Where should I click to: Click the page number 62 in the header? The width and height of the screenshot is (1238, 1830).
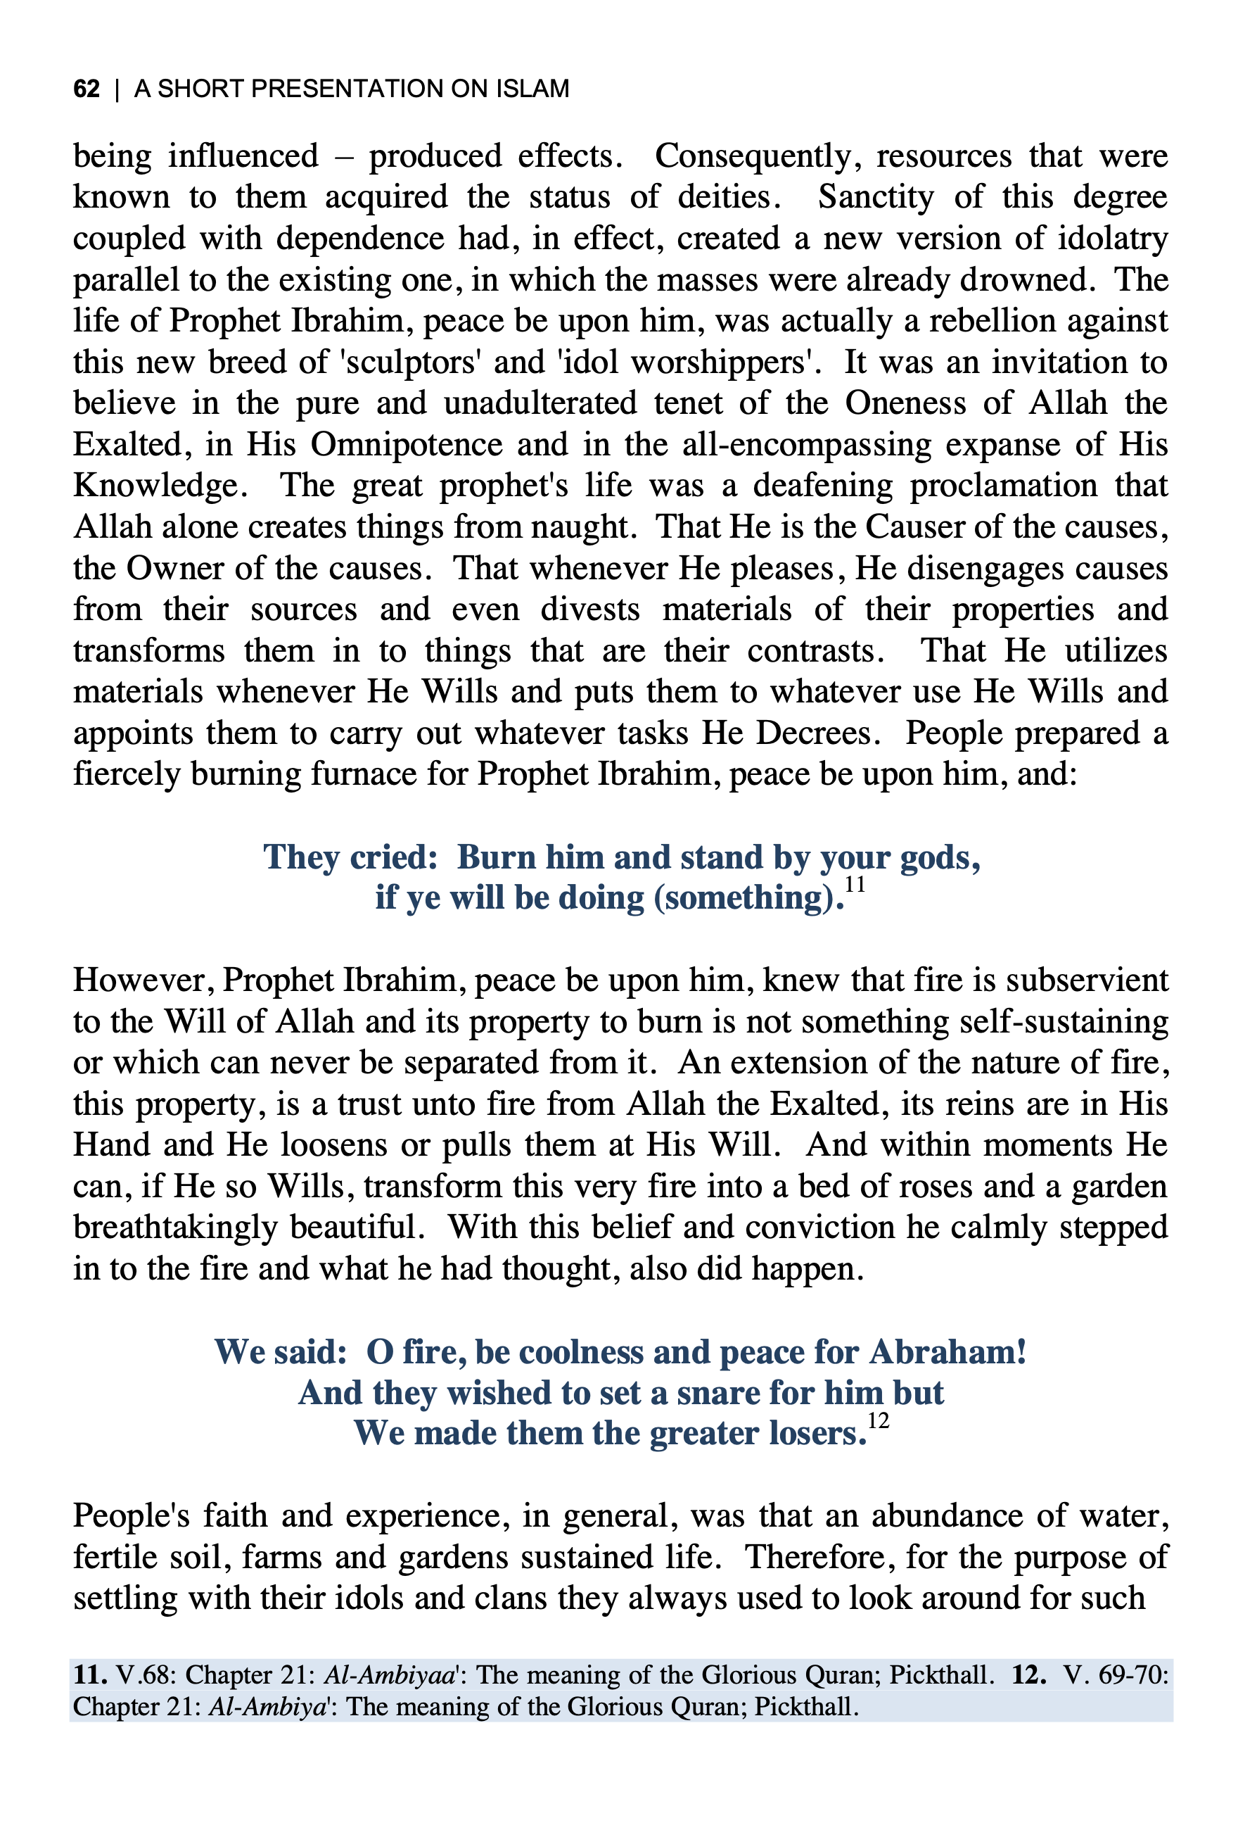click(x=87, y=88)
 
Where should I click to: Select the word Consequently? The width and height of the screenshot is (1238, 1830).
click(x=753, y=156)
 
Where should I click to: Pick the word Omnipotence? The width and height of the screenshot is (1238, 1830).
click(x=406, y=445)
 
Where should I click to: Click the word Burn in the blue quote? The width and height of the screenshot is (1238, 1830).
click(x=496, y=857)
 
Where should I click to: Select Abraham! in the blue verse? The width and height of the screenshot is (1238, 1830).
click(x=947, y=1352)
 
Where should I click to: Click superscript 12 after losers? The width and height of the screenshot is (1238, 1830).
click(x=879, y=1421)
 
